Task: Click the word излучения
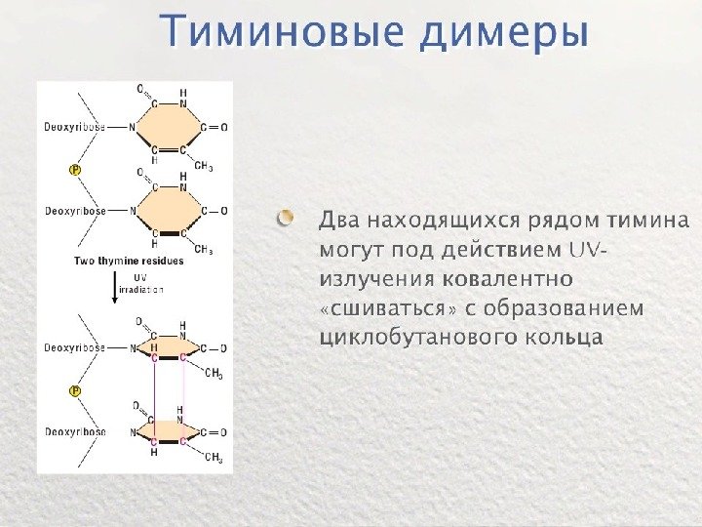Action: coord(377,278)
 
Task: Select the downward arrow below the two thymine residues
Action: coord(114,289)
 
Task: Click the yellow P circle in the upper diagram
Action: coord(75,169)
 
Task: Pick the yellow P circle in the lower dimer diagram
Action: coord(75,390)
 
